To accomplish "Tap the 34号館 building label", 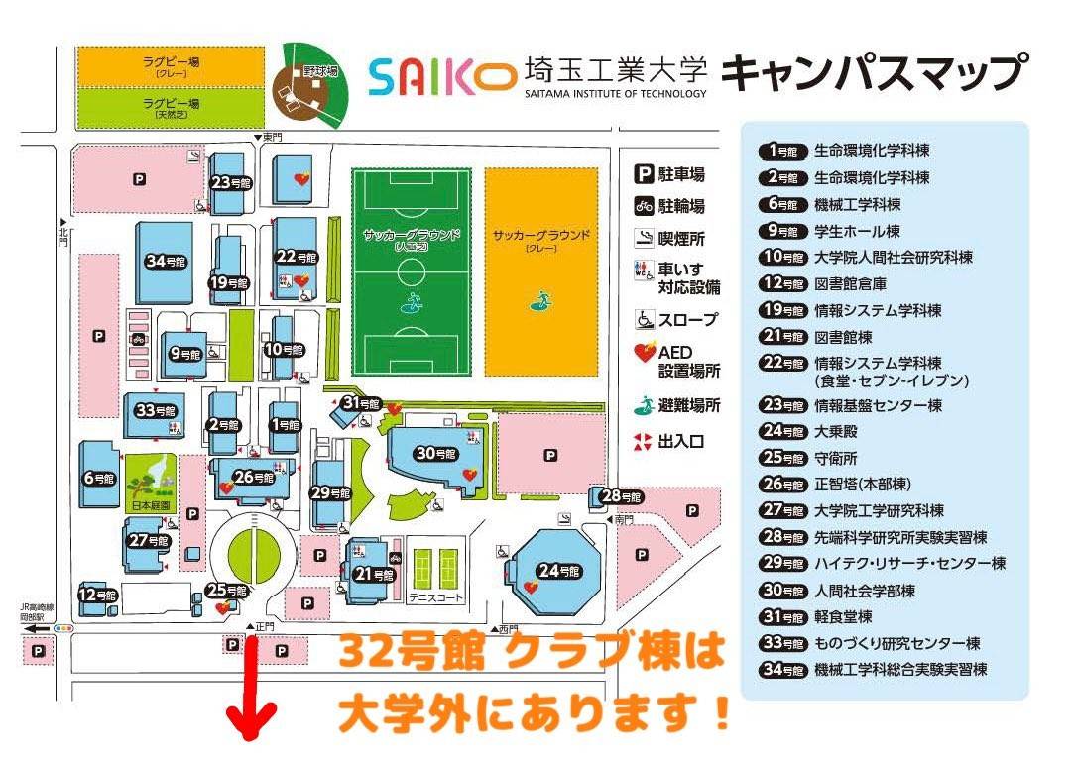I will pyautogui.click(x=166, y=262).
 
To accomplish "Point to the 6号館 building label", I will pyautogui.click(x=100, y=478).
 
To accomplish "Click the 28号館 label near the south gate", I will pyautogui.click(x=623, y=496).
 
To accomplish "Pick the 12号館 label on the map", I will pyautogui.click(x=99, y=596).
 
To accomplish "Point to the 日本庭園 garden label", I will pyautogui.click(x=146, y=506).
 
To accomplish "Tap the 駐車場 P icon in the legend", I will pyautogui.click(x=644, y=175).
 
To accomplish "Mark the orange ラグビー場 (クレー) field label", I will pyautogui.click(x=171, y=66).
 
